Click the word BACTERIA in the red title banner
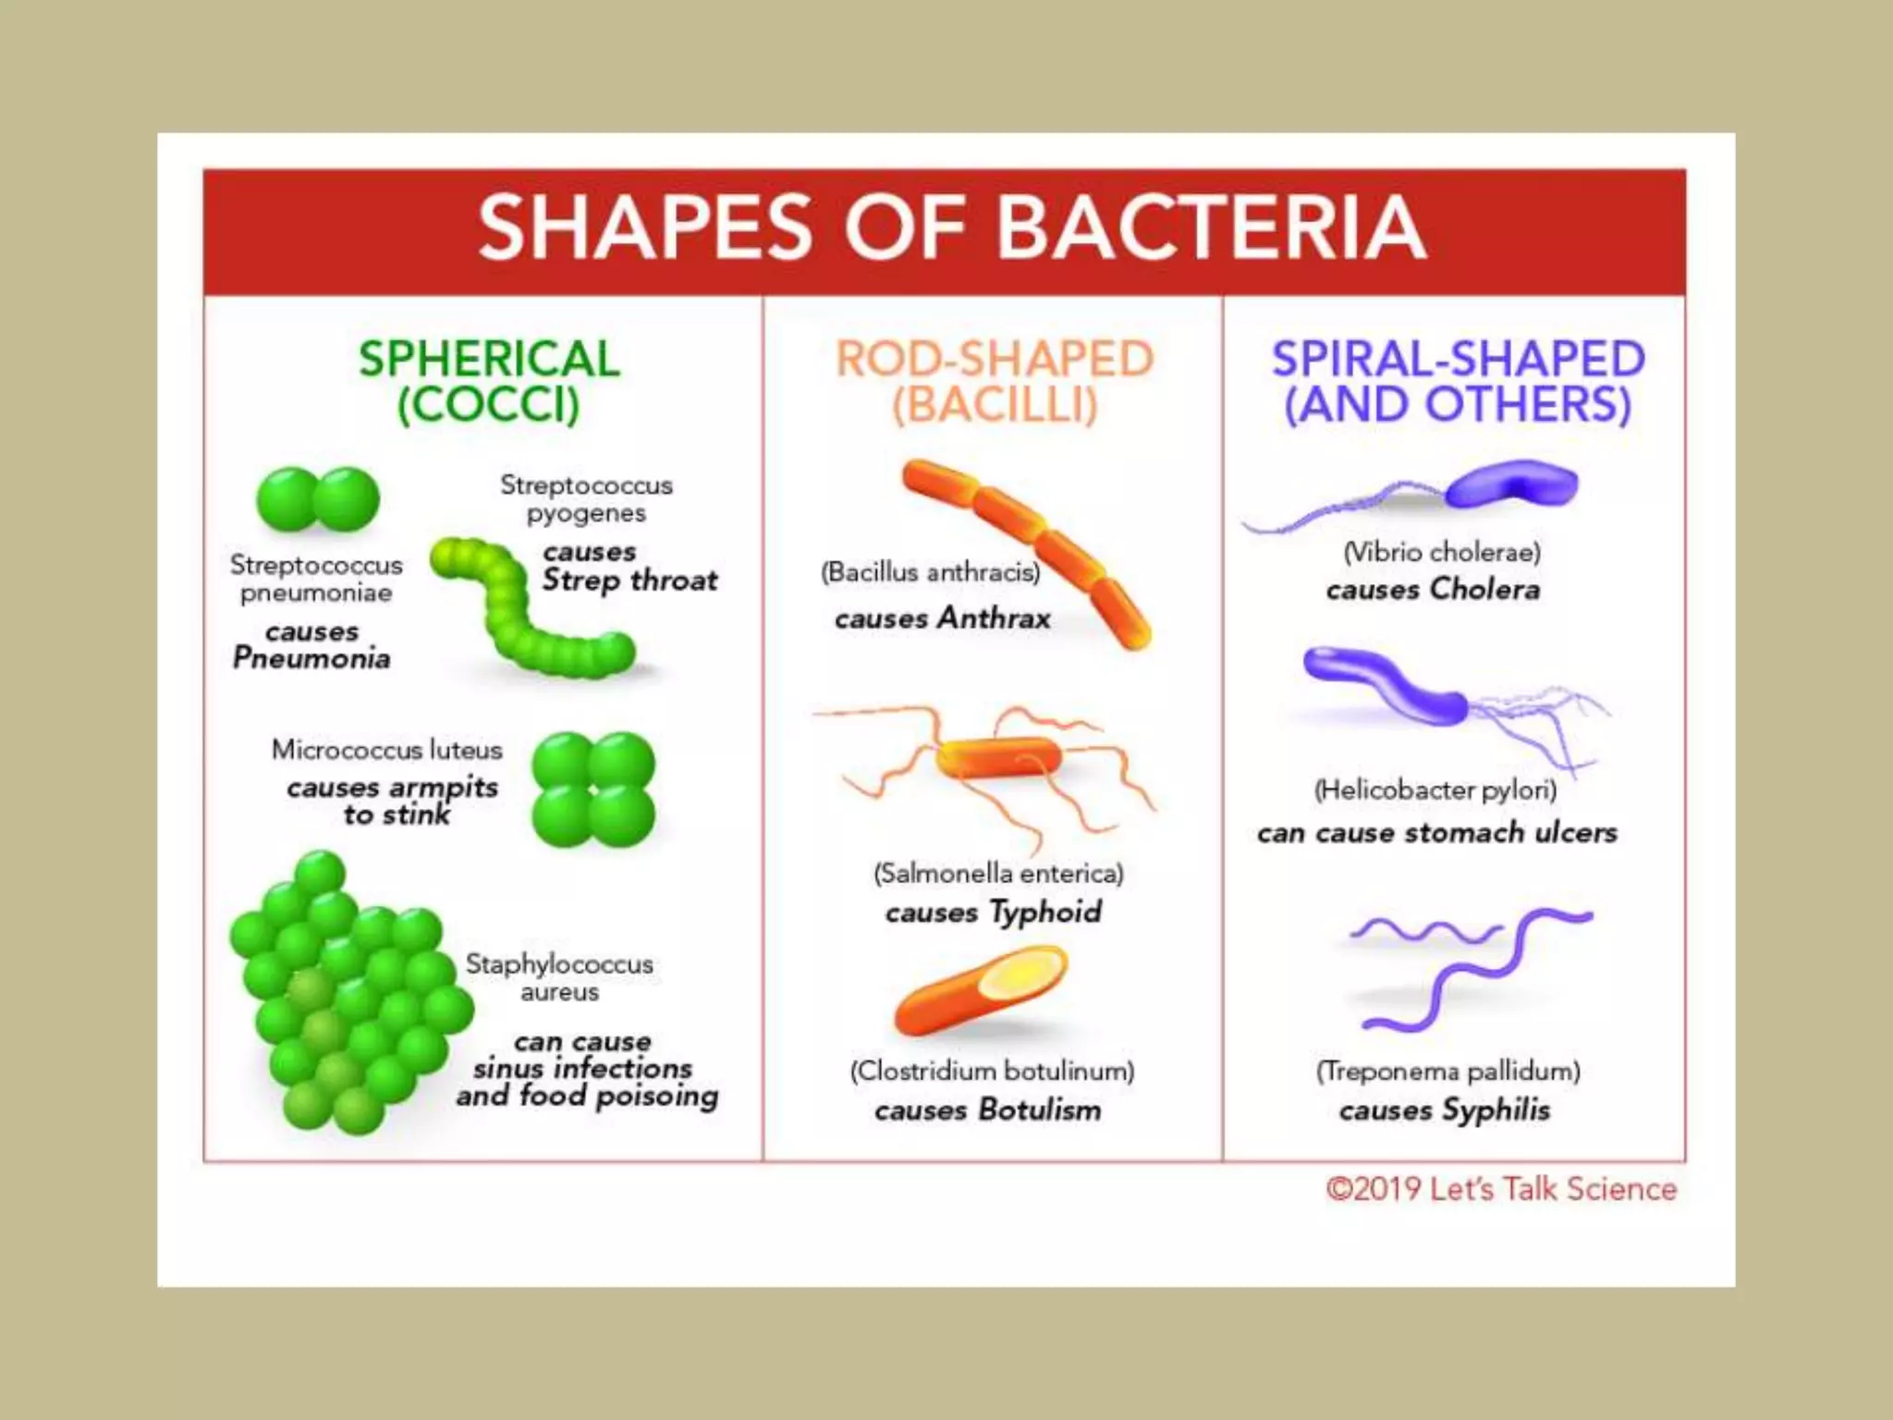(1211, 228)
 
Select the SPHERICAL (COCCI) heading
(489, 382)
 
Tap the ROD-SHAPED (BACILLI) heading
(995, 382)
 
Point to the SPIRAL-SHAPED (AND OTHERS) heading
(1458, 382)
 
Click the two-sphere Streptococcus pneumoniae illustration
(318, 499)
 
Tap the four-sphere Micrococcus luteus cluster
(593, 790)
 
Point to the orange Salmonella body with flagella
(998, 758)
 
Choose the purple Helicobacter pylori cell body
(1386, 684)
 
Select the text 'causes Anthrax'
(943, 618)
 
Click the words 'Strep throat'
(629, 581)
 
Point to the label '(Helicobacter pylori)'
(1435, 790)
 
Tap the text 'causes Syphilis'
(1445, 1109)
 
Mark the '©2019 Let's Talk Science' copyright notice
(1501, 1189)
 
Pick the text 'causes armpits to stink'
(393, 801)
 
